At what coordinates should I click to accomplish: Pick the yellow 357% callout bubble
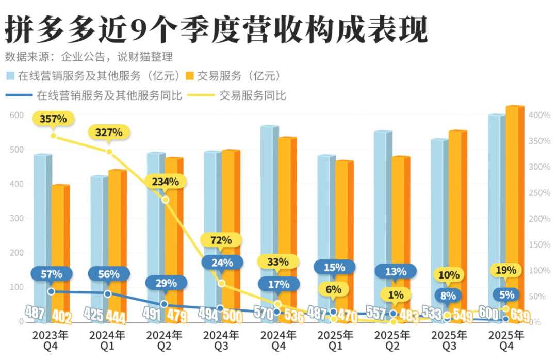(53, 119)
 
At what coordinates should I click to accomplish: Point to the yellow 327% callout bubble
(109, 133)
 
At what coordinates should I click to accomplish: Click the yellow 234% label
(165, 182)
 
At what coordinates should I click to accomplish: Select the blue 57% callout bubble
(52, 274)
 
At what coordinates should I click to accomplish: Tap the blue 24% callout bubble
(222, 262)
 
